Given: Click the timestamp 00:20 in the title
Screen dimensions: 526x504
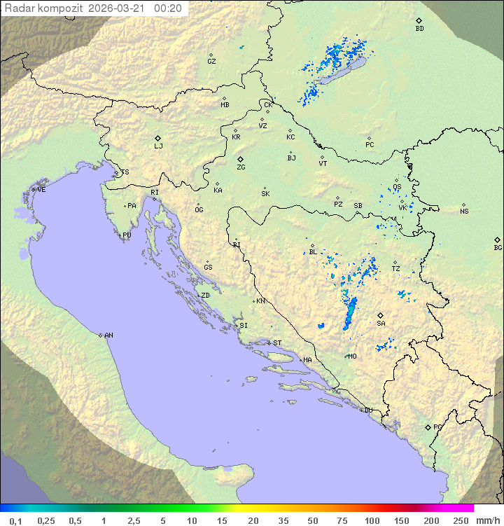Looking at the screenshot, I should [x=168, y=8].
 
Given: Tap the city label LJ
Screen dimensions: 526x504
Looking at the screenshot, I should [x=158, y=146].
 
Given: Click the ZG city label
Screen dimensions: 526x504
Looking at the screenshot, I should [x=241, y=167].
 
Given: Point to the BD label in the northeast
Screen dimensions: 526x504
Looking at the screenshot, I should [x=419, y=29].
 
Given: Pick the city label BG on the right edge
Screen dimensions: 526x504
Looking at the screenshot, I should [x=498, y=247].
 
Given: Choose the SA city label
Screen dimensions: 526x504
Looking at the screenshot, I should [x=381, y=324].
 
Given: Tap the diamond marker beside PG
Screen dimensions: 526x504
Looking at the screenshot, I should [x=428, y=427].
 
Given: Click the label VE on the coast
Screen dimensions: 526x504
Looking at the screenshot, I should [x=41, y=190].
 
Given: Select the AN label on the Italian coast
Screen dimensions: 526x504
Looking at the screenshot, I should [x=108, y=335].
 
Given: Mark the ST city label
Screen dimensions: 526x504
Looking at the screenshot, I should [x=277, y=343].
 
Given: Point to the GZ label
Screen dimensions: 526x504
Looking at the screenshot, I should [x=211, y=62].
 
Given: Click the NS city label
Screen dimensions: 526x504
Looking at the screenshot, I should [x=464, y=212].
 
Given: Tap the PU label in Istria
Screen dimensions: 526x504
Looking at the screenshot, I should [x=127, y=235].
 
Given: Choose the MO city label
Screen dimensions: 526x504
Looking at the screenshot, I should [x=353, y=356].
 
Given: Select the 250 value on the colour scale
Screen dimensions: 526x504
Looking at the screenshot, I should [x=461, y=520].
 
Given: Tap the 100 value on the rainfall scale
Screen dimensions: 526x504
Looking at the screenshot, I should [x=372, y=520].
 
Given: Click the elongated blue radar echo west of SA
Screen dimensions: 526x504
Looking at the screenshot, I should [x=349, y=313].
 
